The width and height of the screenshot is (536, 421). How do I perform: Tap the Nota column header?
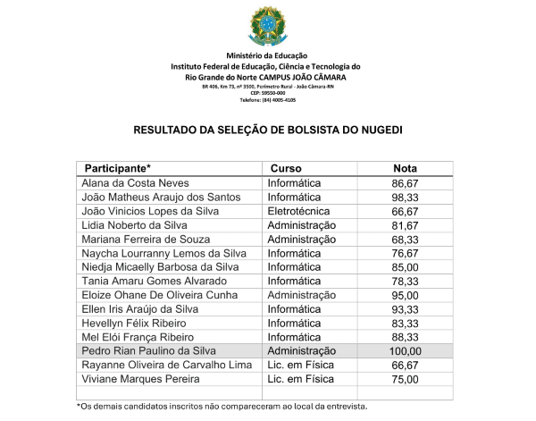tap(406, 168)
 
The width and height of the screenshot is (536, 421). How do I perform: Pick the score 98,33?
tap(405, 198)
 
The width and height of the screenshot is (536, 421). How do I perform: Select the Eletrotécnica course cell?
tap(304, 212)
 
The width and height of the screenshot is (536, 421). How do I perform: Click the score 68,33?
tap(405, 240)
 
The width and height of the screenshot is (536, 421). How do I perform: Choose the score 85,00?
tap(405, 267)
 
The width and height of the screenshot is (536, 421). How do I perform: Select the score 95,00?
tap(405, 295)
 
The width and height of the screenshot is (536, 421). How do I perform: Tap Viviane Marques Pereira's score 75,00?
tap(405, 379)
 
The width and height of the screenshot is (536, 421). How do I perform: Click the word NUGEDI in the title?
tap(377, 130)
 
